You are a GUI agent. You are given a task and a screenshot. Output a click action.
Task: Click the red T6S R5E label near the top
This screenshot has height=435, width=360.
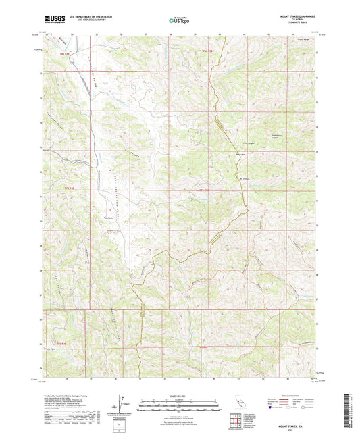pyautogui.click(x=207, y=51)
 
